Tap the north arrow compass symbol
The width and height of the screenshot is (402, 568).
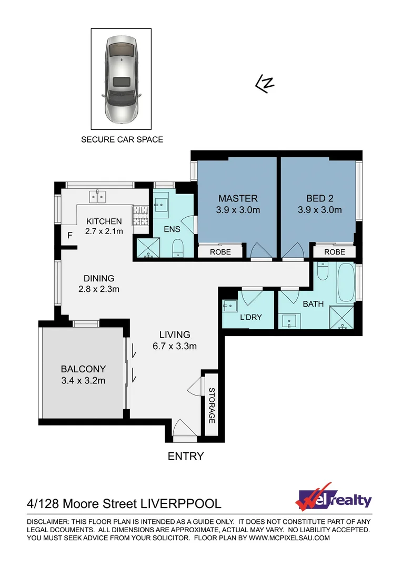(x=265, y=84)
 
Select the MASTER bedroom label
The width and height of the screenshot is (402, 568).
(x=238, y=198)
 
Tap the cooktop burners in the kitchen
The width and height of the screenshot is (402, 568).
(x=140, y=214)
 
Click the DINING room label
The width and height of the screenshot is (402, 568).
(x=99, y=278)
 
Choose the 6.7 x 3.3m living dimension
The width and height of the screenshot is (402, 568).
(x=175, y=346)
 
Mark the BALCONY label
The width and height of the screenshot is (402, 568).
(x=83, y=369)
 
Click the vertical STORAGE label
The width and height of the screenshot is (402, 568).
(x=212, y=405)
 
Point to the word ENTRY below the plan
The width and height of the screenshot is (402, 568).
(x=185, y=457)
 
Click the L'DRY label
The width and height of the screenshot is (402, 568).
(x=250, y=317)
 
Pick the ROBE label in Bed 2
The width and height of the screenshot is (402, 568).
(x=335, y=252)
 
